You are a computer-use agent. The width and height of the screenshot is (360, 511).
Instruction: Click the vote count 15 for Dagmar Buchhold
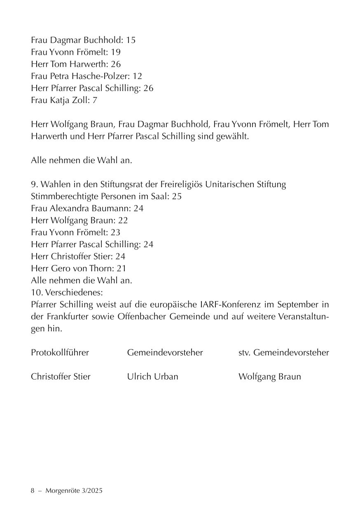pos(131,40)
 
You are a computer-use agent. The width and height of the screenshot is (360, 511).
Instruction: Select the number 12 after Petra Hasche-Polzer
pos(137,76)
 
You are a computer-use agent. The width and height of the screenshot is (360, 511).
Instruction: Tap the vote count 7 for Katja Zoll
pos(95,100)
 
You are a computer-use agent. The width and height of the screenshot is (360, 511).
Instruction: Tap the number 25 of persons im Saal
pos(177,197)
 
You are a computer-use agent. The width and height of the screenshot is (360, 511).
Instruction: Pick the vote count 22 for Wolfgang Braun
pos(123,220)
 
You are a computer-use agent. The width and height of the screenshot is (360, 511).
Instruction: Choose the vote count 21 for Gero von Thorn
pos(121,268)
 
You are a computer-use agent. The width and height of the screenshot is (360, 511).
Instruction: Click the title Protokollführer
pos(60,353)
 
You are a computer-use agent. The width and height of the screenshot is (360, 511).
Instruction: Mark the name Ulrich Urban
pos(152,377)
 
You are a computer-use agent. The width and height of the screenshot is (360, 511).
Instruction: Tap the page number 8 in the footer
pos(33,491)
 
